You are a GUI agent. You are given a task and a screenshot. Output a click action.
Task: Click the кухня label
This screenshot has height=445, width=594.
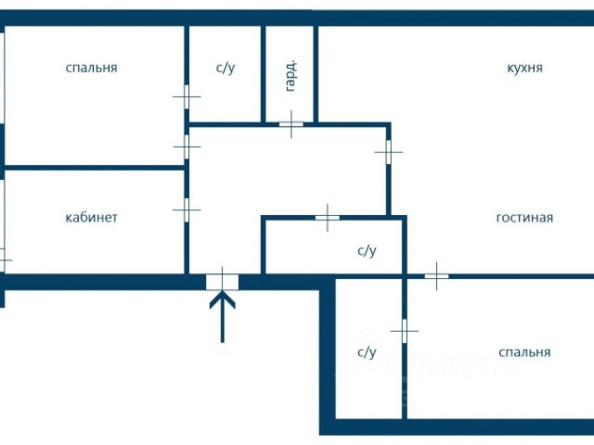point(524,68)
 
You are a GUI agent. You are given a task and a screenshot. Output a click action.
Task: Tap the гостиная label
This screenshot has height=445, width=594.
point(524,218)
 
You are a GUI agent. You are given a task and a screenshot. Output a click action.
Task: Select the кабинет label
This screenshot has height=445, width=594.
point(91,218)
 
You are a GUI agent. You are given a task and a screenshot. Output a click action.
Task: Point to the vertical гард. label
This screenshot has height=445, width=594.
point(291,75)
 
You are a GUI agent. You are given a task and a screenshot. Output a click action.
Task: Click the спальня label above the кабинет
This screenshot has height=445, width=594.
point(91,68)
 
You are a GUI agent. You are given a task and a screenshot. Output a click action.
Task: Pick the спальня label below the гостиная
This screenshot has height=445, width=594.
point(524,352)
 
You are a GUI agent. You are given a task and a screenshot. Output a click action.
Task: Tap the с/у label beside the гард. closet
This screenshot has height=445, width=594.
point(226,68)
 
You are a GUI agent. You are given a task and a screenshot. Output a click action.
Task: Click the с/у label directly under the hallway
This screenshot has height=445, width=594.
point(367,251)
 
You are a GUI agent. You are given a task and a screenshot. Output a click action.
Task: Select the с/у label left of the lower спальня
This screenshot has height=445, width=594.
point(367,352)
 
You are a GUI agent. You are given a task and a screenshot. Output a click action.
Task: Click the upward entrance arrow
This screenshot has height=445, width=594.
point(223,316)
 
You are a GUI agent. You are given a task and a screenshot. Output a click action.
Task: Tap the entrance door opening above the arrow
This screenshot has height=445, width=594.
point(223,282)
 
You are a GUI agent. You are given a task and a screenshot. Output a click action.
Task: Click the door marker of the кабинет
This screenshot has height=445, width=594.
point(187,210)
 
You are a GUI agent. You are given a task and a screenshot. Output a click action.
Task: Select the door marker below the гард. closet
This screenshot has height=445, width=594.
point(291,124)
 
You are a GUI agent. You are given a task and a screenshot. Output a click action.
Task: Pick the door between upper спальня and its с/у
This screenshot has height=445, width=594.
point(187,96)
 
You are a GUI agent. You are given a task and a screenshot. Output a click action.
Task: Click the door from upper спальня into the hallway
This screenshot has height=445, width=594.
point(187,146)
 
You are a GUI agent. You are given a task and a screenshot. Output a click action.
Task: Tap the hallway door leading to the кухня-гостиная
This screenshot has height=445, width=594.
point(388,152)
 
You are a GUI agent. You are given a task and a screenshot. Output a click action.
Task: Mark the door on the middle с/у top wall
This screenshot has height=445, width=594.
point(328,218)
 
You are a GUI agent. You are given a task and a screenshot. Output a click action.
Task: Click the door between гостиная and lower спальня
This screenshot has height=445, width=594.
point(436,276)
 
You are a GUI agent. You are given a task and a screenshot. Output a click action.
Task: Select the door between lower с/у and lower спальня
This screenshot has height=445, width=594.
point(405,331)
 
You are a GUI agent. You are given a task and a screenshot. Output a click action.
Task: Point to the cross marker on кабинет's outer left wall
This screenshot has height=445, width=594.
point(3,260)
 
